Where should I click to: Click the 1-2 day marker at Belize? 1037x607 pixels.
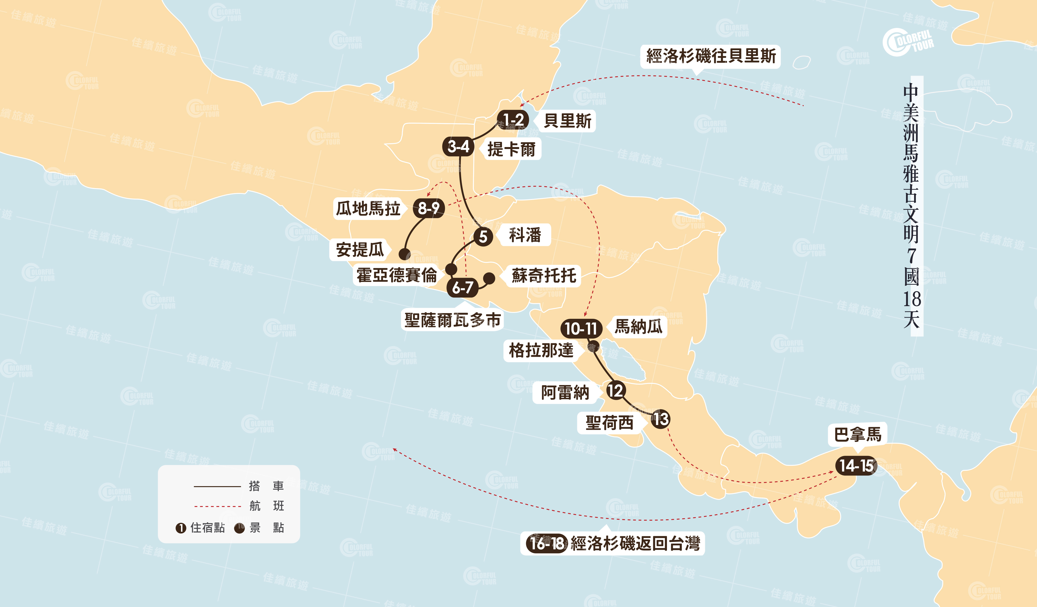coord(513,120)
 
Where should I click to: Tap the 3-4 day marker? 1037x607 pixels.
coord(458,146)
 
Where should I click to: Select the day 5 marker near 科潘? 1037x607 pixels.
coord(483,236)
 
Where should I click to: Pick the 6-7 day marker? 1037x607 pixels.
coord(463,287)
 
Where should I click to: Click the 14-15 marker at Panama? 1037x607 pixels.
coord(856,466)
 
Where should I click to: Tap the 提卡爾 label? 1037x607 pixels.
coord(511,149)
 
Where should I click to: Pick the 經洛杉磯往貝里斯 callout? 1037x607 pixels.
coord(711,56)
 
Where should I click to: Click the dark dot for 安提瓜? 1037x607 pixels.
coord(405,254)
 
